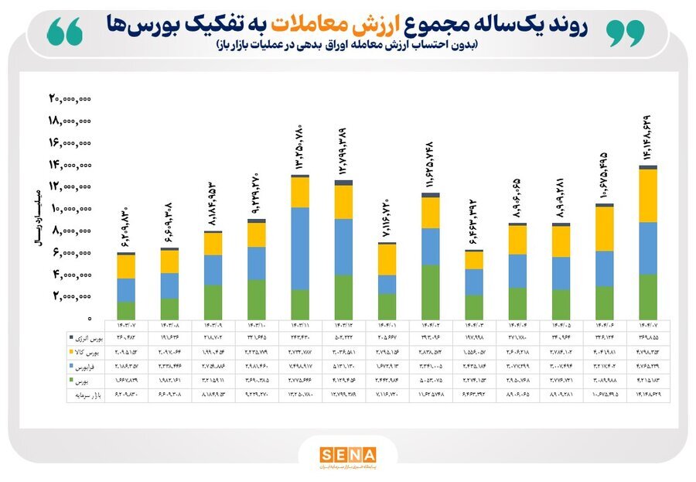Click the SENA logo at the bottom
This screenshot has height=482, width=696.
click(347, 455)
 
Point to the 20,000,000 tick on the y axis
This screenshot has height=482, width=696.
click(70, 98)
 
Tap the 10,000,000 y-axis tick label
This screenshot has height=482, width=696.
click(70, 208)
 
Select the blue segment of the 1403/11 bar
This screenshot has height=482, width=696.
click(301, 248)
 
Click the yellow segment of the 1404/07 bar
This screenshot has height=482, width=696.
click(648, 196)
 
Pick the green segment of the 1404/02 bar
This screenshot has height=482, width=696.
click(431, 292)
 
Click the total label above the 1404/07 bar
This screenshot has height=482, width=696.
click(648, 138)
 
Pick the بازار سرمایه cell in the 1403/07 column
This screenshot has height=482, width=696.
click(126, 395)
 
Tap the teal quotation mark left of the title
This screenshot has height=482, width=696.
click(64, 32)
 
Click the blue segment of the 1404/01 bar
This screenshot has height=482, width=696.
click(387, 284)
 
